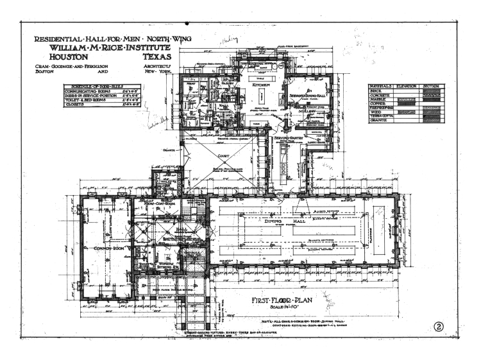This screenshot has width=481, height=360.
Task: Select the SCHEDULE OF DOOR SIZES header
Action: coord(96,87)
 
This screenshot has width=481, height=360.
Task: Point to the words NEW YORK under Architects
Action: coord(155,73)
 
